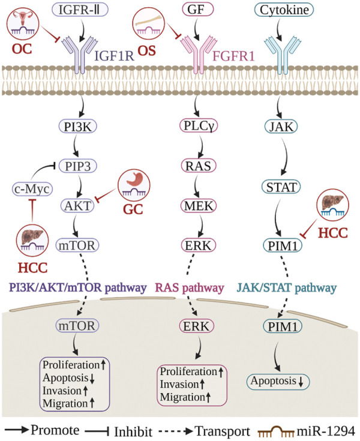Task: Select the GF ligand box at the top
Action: pos(199,10)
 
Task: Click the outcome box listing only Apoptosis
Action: pos(280,382)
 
